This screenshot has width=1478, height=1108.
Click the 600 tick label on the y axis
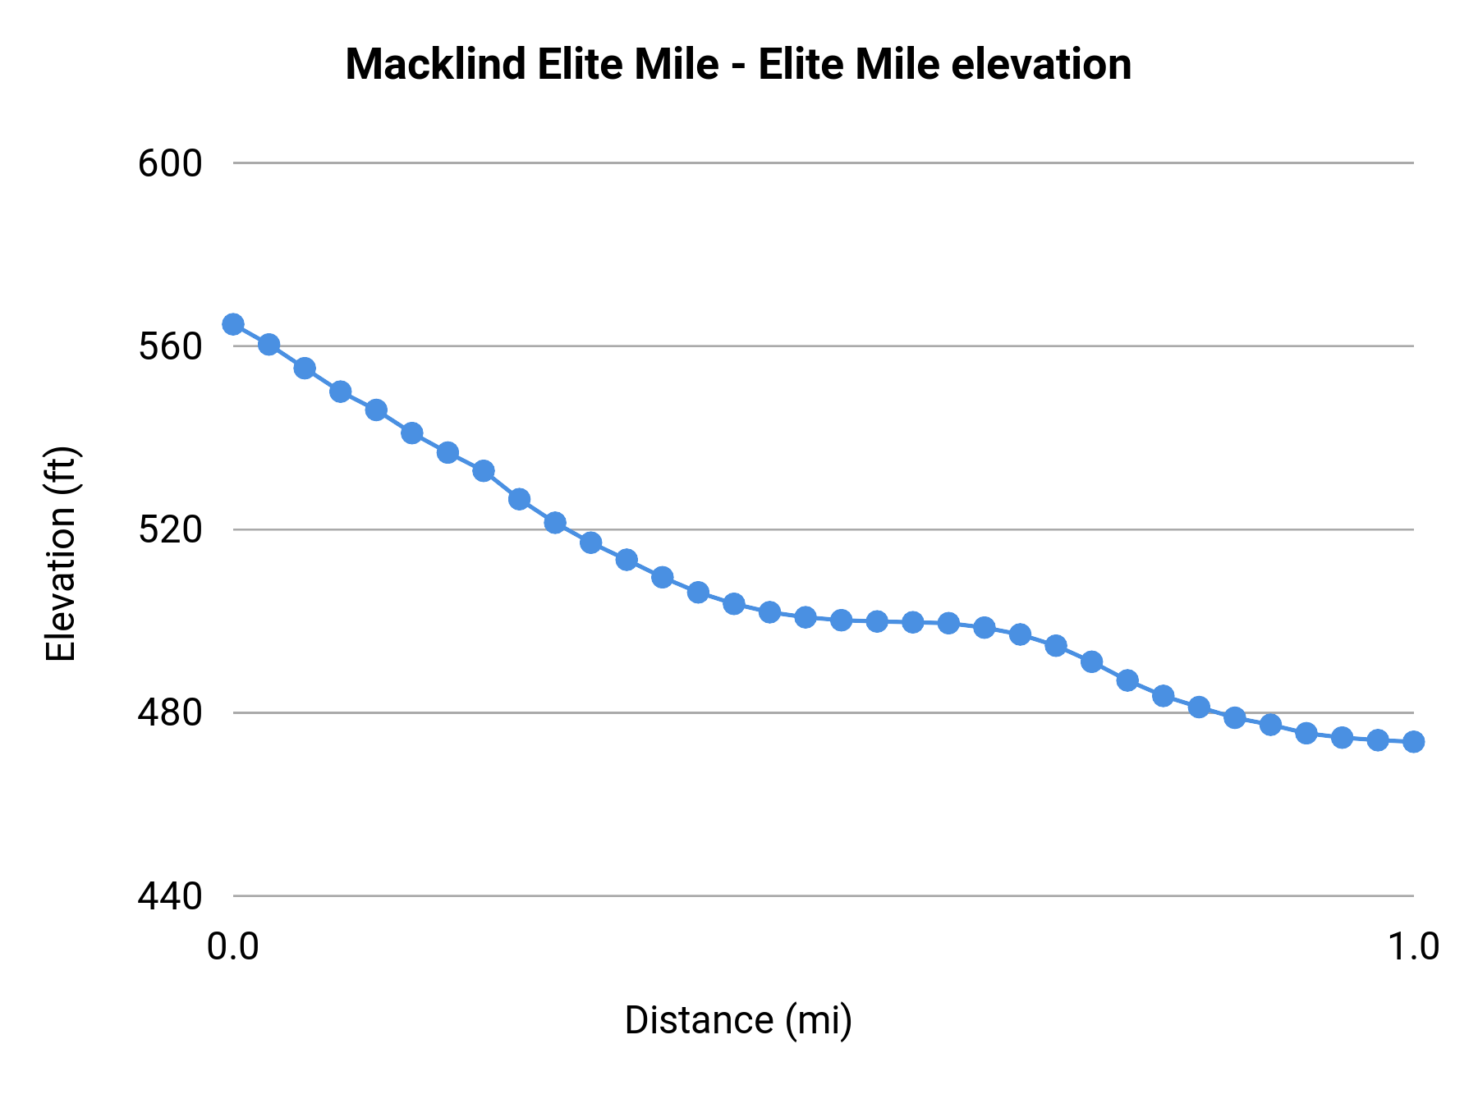tap(169, 164)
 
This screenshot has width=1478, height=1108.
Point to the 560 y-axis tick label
tap(169, 347)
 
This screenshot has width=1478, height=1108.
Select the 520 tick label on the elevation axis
tap(169, 530)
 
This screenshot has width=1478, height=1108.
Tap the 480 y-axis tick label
tap(169, 713)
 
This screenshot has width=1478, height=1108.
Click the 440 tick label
tap(169, 896)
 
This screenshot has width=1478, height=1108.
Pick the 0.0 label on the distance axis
tap(232, 947)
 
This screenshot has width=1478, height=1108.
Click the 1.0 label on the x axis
tap(1412, 947)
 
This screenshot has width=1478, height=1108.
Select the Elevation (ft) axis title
tap(61, 554)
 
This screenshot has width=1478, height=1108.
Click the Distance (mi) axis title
tap(738, 1021)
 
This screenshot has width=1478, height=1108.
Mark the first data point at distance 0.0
tap(233, 324)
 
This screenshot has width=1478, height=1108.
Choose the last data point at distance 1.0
tap(1413, 742)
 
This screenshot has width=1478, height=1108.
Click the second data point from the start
tap(269, 345)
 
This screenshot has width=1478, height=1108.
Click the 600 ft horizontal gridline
tap(821, 163)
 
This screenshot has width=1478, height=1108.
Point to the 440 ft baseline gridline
tap(821, 896)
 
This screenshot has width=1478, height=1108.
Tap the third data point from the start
tap(305, 368)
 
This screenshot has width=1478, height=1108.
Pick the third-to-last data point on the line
tap(1342, 738)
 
